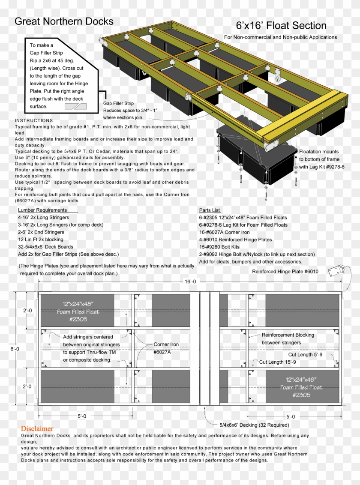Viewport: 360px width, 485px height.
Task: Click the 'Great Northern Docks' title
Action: (x=64, y=21)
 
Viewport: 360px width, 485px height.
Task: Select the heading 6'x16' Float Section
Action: (x=281, y=26)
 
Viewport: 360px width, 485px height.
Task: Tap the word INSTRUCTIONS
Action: (x=34, y=120)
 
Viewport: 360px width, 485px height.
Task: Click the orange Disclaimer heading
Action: (x=37, y=428)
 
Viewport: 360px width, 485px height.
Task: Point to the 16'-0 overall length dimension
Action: (x=190, y=281)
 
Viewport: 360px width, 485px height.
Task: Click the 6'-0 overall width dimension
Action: (x=15, y=349)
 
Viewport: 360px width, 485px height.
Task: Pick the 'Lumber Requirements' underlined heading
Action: (x=42, y=210)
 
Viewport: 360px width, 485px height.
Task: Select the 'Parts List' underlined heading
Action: (x=210, y=210)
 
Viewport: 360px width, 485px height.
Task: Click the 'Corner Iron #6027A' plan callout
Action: (x=166, y=348)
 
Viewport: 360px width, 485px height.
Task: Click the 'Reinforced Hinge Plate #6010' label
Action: (x=285, y=272)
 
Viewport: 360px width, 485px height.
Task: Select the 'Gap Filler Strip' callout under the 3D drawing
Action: (x=119, y=103)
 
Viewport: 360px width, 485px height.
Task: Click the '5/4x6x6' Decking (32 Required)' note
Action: (x=254, y=425)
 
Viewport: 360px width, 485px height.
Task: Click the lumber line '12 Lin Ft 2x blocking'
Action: (x=40, y=240)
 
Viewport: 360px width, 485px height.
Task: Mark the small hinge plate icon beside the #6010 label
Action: (x=336, y=271)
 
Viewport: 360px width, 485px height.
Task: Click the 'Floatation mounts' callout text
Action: (x=318, y=152)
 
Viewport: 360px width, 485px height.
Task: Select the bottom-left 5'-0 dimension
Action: (x=82, y=416)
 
